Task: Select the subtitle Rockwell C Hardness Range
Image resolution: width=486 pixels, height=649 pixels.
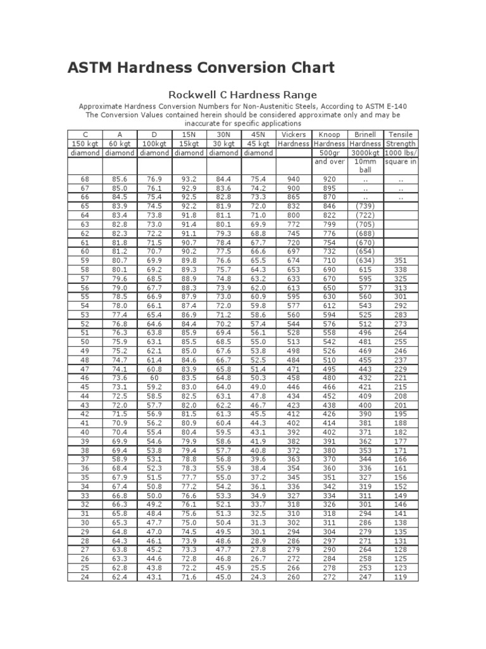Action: pyautogui.click(x=242, y=95)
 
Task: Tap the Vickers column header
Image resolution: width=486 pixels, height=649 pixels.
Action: pyautogui.click(x=292, y=135)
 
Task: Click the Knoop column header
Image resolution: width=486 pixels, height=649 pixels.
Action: pyautogui.click(x=329, y=135)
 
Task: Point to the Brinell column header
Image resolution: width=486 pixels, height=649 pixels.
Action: pyautogui.click(x=365, y=135)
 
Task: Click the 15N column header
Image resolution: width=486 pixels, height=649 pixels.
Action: pyautogui.click(x=189, y=135)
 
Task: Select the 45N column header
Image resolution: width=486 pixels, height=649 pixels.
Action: pyautogui.click(x=258, y=135)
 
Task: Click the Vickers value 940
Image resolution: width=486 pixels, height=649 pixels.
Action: pyautogui.click(x=292, y=179)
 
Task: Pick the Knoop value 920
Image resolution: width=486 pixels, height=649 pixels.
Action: pyautogui.click(x=329, y=179)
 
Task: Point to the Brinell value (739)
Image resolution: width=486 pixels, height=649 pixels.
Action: pyautogui.click(x=365, y=206)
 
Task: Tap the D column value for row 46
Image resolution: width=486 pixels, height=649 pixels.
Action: pyautogui.click(x=154, y=377)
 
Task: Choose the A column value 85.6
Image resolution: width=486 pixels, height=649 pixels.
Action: pyautogui.click(x=119, y=179)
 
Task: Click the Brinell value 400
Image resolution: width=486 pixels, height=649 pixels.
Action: pyautogui.click(x=365, y=404)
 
